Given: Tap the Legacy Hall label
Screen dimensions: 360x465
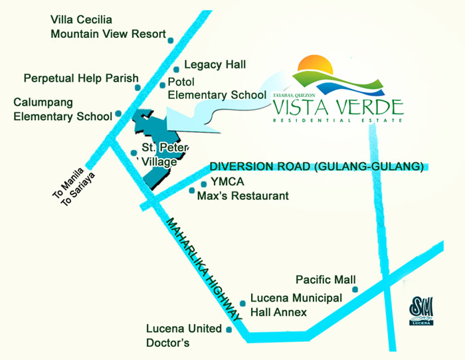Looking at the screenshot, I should (215, 64).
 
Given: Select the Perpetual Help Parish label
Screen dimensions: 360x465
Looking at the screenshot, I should (81, 78).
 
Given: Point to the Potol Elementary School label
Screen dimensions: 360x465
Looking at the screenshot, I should (217, 89).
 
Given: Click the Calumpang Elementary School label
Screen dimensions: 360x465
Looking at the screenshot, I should (62, 110).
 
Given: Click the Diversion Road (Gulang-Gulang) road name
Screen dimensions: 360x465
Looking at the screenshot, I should (316, 167).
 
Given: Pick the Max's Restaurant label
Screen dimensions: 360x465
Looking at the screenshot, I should (243, 196).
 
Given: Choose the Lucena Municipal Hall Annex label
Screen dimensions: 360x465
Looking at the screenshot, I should (296, 305).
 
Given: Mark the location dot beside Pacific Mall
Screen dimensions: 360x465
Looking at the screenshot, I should (355, 289).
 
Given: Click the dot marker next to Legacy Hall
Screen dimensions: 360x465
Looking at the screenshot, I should (176, 68).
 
